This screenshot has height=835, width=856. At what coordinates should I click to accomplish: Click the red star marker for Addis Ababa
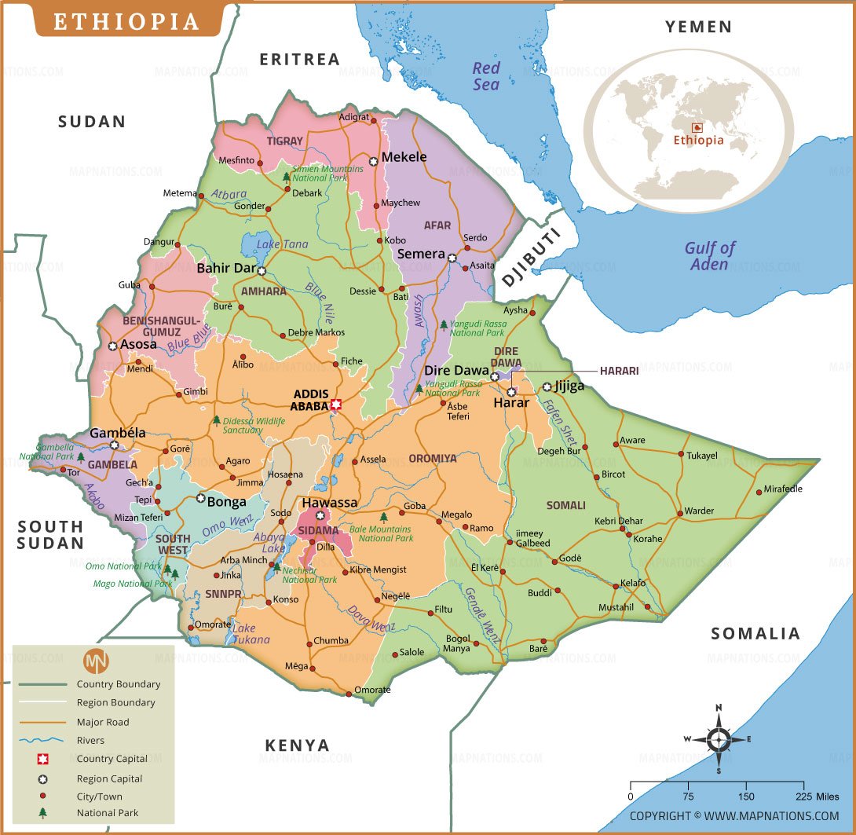pyautogui.click(x=337, y=405)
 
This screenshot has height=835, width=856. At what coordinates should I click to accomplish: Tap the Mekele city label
pyautogui.click(x=404, y=157)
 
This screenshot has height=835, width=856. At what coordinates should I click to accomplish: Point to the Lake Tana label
pyautogui.click(x=283, y=244)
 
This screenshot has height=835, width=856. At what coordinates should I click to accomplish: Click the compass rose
pyautogui.click(x=719, y=739)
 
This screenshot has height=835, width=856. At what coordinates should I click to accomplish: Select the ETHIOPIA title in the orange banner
pyautogui.click(x=126, y=21)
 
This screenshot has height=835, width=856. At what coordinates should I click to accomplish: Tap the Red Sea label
pyautogui.click(x=486, y=76)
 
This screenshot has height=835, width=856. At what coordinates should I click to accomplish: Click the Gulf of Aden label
pyautogui.click(x=710, y=256)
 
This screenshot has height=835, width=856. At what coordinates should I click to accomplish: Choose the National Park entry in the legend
pyautogui.click(x=107, y=813)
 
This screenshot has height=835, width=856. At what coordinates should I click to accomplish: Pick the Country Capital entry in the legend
pyautogui.click(x=112, y=759)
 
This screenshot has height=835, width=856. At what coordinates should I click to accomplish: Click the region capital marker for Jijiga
pyautogui.click(x=547, y=386)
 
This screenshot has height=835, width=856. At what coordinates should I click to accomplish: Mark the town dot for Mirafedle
pyautogui.click(x=759, y=492)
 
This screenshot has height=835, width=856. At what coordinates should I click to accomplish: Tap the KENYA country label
pyautogui.click(x=297, y=745)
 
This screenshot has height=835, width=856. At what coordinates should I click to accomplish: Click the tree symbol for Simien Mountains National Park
pyautogui.click(x=286, y=178)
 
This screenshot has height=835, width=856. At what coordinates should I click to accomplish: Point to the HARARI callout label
pyautogui.click(x=620, y=371)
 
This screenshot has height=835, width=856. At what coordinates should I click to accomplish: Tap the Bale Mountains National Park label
pyautogui.click(x=381, y=534)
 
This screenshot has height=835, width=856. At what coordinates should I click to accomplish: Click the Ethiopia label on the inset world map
pyautogui.click(x=698, y=141)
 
